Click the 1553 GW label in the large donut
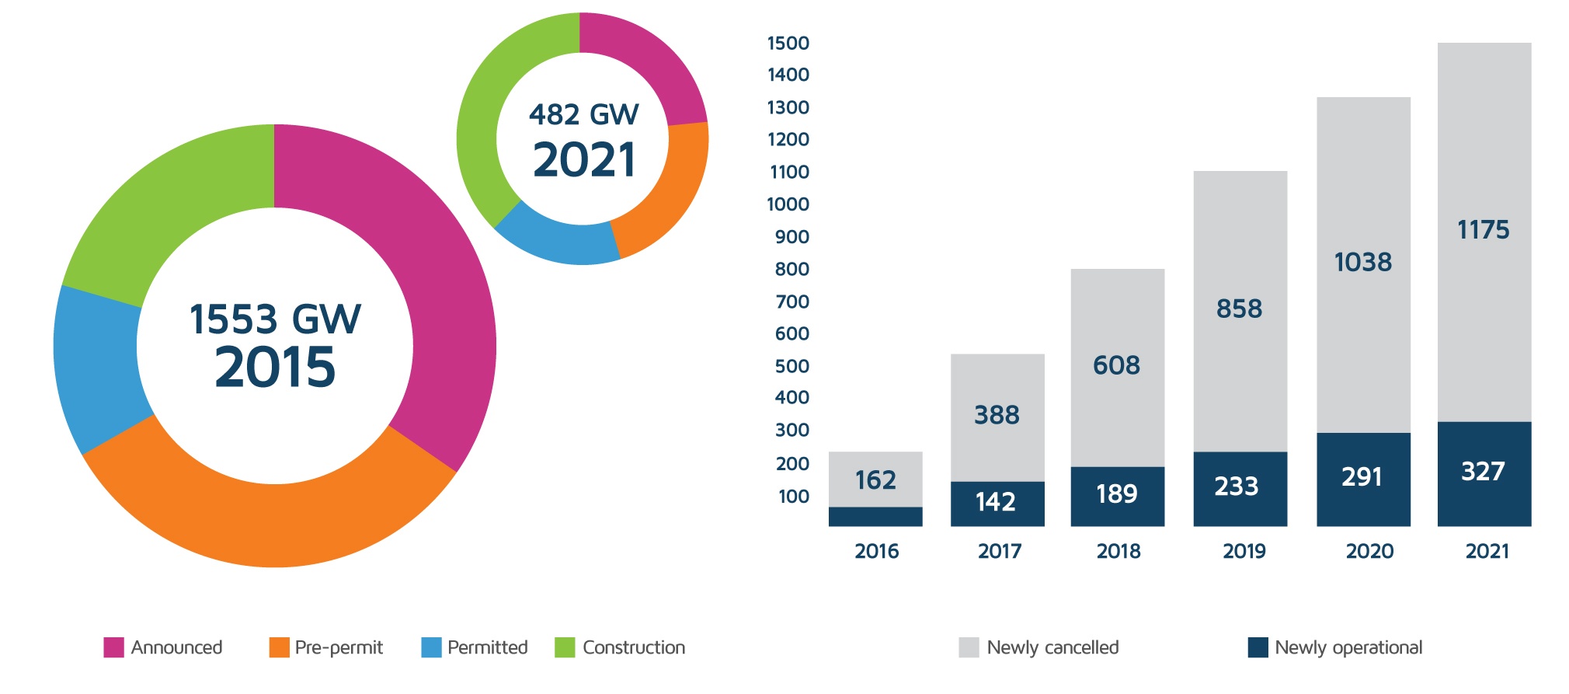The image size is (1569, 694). pyautogui.click(x=275, y=319)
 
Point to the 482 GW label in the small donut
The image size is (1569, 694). pyautogui.click(x=583, y=115)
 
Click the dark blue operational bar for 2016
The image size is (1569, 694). pyautogui.click(x=875, y=517)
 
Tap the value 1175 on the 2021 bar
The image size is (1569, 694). pyautogui.click(x=1483, y=230)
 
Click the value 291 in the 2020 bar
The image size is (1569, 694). pyautogui.click(x=1362, y=476)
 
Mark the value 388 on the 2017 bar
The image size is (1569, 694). pyautogui.click(x=997, y=415)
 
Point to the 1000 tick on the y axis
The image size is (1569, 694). pyautogui.click(x=788, y=204)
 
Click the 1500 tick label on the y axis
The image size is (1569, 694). pyautogui.click(x=788, y=44)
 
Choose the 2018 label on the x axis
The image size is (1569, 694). pyautogui.click(x=1118, y=551)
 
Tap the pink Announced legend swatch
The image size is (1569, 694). pyautogui.click(x=113, y=647)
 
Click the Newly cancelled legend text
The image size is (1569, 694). pyautogui.click(x=1052, y=647)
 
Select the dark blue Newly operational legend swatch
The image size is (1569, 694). pyautogui.click(x=1258, y=647)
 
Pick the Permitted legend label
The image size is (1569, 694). pyautogui.click(x=487, y=647)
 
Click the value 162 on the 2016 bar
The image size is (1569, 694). pyautogui.click(x=875, y=480)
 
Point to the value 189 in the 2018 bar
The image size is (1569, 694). pyautogui.click(x=1116, y=493)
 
